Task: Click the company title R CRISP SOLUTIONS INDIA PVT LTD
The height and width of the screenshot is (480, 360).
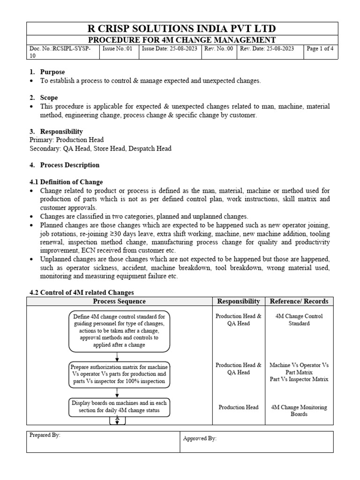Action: (x=180, y=28)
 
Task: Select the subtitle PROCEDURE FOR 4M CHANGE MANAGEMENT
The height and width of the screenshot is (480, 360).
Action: (x=180, y=40)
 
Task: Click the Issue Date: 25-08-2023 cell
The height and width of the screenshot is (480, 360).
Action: (x=170, y=49)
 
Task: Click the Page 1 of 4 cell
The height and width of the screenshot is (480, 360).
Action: (x=320, y=49)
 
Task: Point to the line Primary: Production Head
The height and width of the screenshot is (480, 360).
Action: (x=66, y=140)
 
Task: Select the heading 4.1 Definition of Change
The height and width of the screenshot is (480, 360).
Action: (x=66, y=182)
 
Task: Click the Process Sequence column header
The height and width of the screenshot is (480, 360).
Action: (x=119, y=301)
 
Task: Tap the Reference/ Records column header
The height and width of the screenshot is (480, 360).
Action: (x=299, y=301)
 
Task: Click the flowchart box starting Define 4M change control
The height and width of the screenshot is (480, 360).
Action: (x=119, y=330)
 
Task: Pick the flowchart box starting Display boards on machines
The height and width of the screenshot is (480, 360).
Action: (x=119, y=407)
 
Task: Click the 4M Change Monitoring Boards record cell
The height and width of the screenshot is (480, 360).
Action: (x=299, y=411)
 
